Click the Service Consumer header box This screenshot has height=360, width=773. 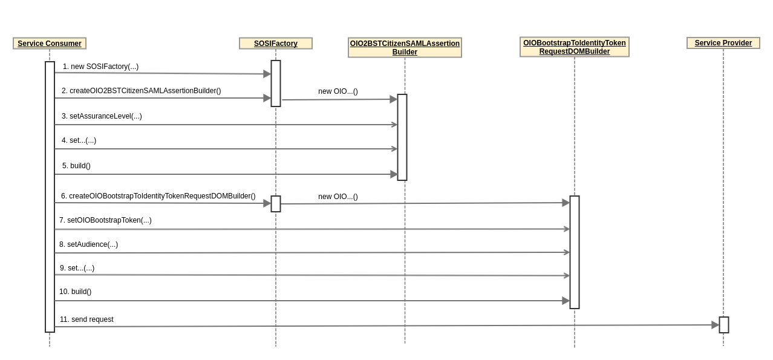pyautogui.click(x=50, y=44)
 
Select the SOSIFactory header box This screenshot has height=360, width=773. pyautogui.click(x=276, y=44)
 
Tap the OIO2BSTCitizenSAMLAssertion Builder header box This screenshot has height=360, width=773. pyautogui.click(x=405, y=48)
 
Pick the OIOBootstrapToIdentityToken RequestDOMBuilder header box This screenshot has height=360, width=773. pyautogui.click(x=574, y=47)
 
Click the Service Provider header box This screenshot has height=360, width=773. pyautogui.click(x=723, y=43)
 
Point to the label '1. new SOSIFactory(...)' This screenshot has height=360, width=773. pyautogui.click(x=100, y=67)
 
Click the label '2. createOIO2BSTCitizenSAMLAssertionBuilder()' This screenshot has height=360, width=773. pyautogui.click(x=141, y=91)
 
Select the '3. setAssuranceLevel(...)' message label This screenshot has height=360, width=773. pyautogui.click(x=102, y=116)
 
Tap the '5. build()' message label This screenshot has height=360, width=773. pyautogui.click(x=76, y=166)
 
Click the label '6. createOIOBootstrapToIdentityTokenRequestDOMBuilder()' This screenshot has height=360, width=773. pyautogui.click(x=158, y=196)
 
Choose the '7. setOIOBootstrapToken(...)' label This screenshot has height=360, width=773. pyautogui.click(x=105, y=220)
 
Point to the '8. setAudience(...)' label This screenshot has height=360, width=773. pyautogui.click(x=88, y=244)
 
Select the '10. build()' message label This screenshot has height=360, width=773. pyautogui.click(x=75, y=292)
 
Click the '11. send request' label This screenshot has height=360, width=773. pyautogui.click(x=86, y=319)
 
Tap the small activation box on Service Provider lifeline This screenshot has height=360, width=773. pyautogui.click(x=724, y=325)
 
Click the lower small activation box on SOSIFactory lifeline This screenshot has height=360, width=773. pyautogui.click(x=276, y=204)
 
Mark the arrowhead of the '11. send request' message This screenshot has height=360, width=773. pyautogui.click(x=715, y=325)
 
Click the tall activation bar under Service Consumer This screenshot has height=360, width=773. pyautogui.click(x=50, y=197)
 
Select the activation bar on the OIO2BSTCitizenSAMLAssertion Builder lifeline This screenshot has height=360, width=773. pyautogui.click(x=402, y=137)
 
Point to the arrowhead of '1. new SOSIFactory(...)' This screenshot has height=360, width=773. pyautogui.click(x=267, y=74)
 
